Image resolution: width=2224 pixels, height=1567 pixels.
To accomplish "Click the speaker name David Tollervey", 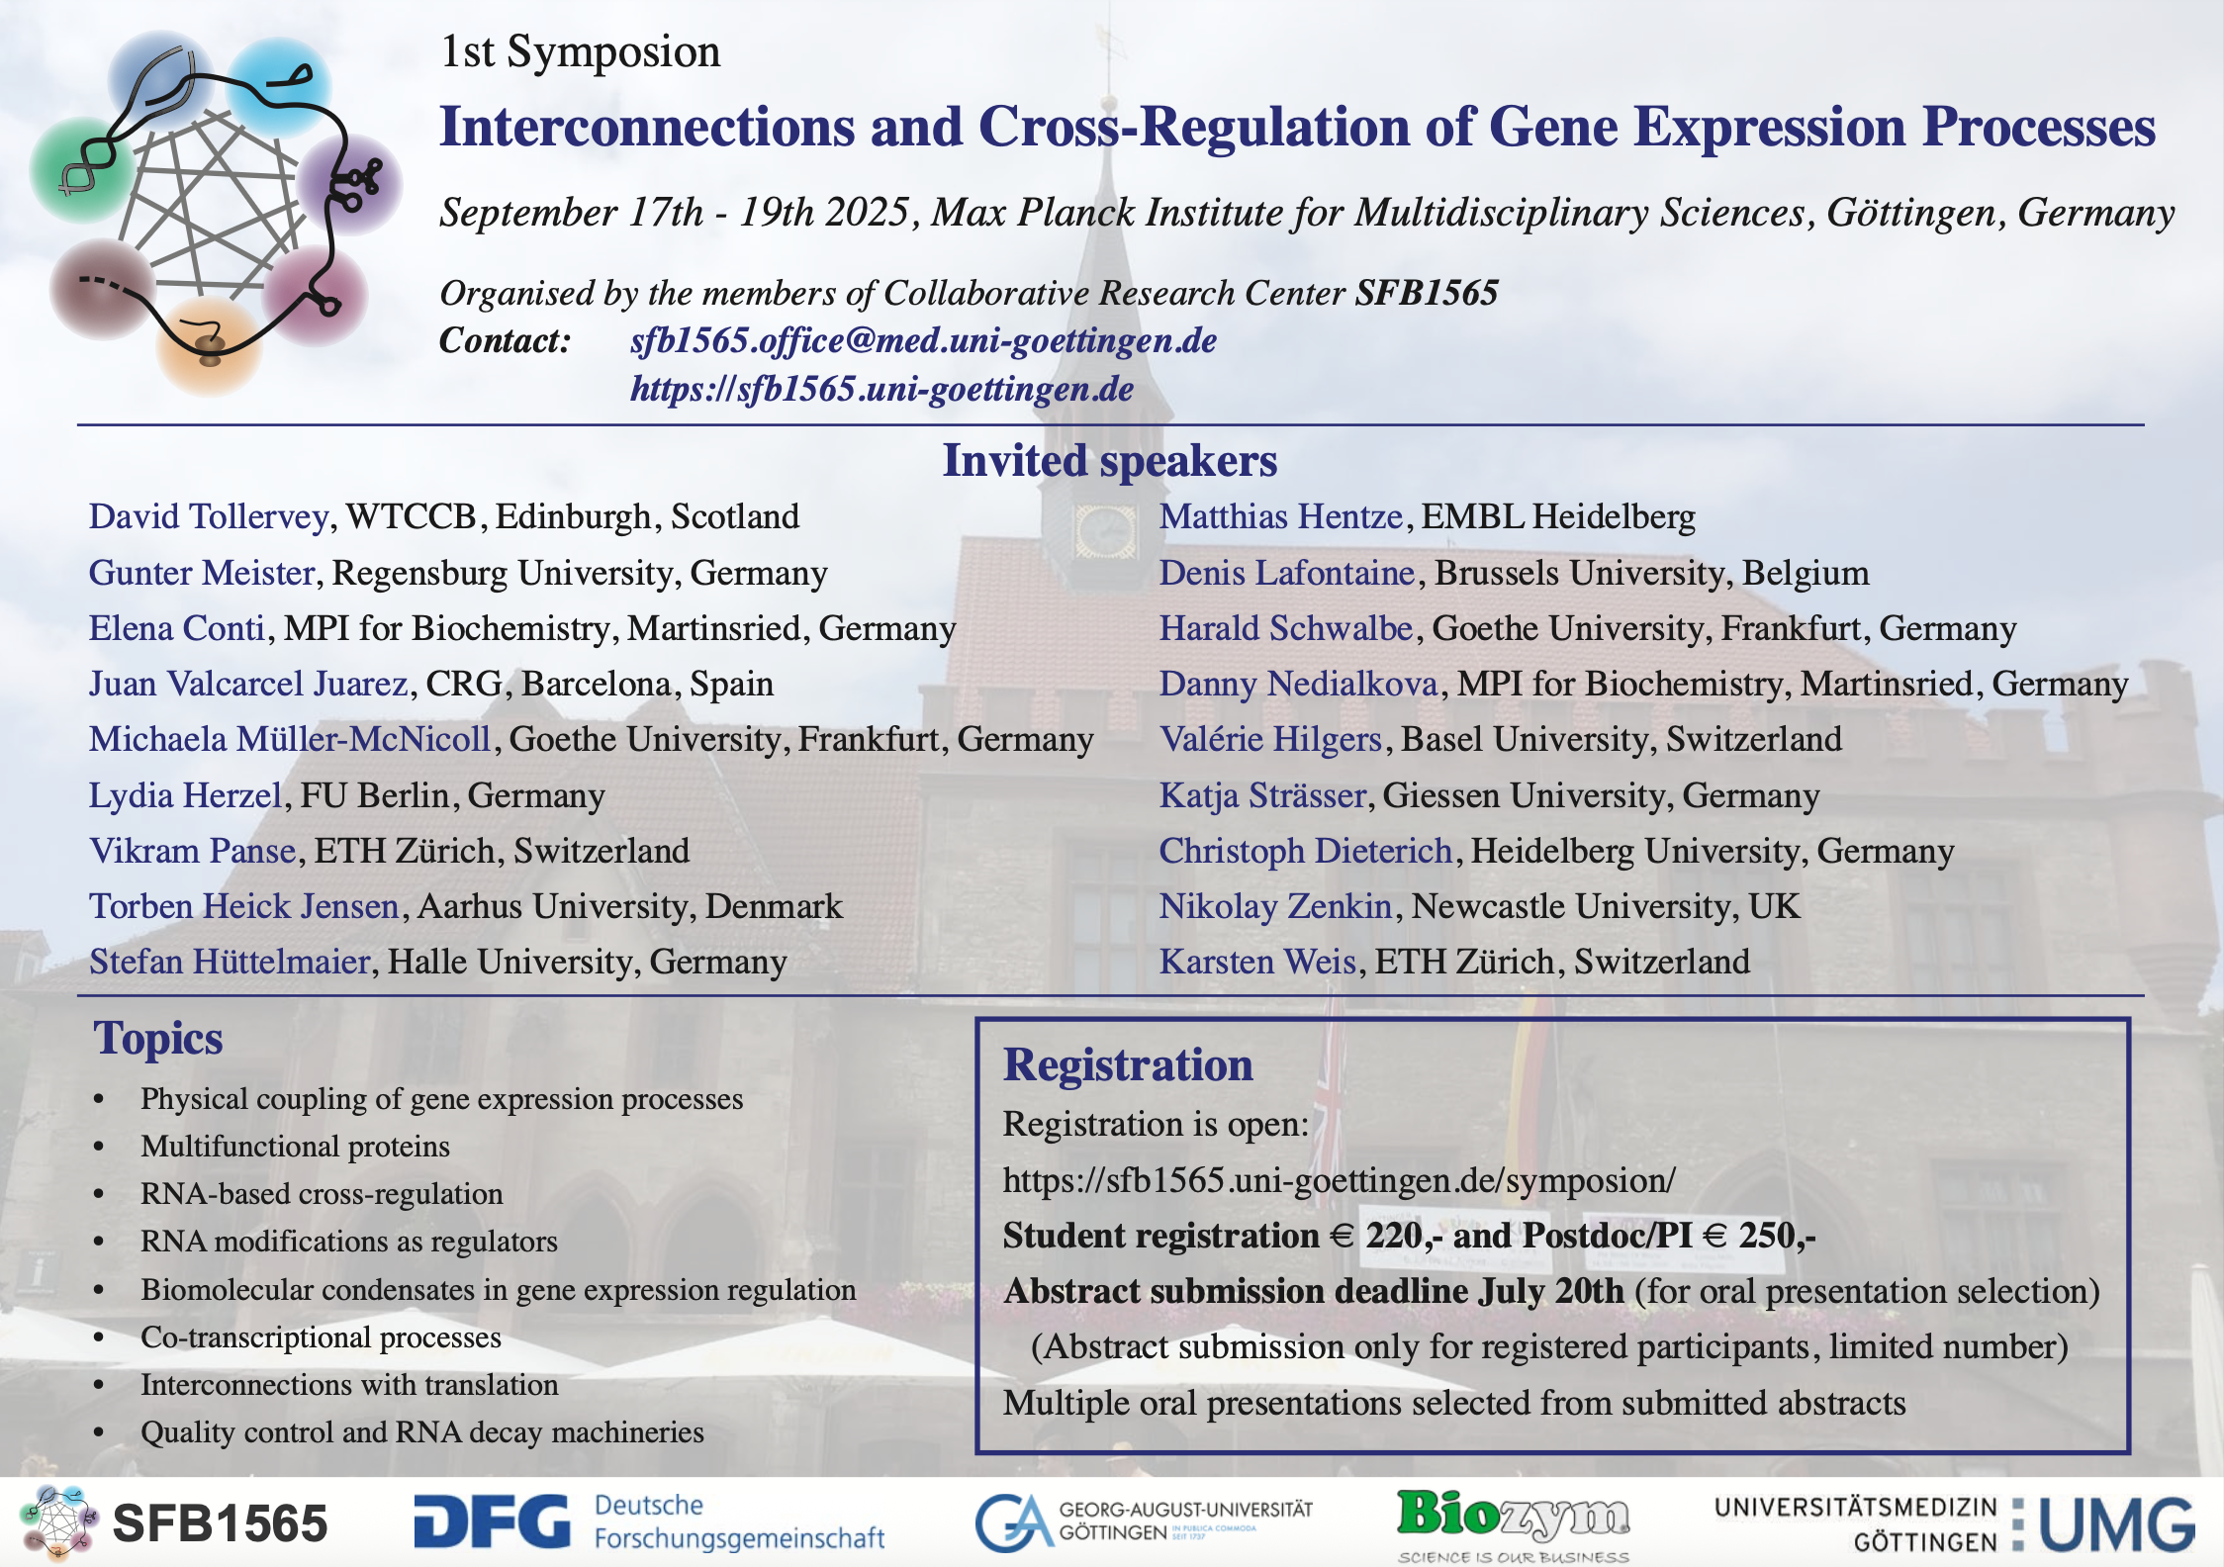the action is [x=209, y=516].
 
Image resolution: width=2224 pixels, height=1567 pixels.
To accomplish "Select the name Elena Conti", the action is [x=177, y=628].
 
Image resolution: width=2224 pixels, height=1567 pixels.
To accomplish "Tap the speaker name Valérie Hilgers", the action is [x=1270, y=739].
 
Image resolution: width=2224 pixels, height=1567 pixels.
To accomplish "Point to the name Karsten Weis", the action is [x=1257, y=962].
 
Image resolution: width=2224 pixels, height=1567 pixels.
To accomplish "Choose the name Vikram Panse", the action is [x=193, y=851].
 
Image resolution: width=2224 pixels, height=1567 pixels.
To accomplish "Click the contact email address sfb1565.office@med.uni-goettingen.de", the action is [x=923, y=340].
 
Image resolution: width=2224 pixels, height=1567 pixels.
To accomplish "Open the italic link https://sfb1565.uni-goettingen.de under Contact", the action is [x=881, y=389].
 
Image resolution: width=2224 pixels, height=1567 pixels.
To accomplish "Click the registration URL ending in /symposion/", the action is [x=1340, y=1180].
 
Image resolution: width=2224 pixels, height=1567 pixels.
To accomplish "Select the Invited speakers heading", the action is [x=1110, y=461].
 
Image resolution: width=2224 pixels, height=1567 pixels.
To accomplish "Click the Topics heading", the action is [x=158, y=1039].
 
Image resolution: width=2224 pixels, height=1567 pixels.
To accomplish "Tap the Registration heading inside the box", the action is [x=1128, y=1064].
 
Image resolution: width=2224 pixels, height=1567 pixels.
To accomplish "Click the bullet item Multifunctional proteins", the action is [x=295, y=1146].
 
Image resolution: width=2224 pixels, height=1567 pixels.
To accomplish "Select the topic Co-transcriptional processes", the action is [x=321, y=1337].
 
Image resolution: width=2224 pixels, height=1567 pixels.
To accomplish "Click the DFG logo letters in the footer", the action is [x=492, y=1521].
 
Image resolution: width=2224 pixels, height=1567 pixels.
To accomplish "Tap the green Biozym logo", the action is [x=1513, y=1518].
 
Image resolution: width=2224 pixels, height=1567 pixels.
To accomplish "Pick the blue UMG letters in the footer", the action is [x=2117, y=1523].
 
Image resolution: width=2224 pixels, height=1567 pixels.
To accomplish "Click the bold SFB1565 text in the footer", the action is [x=220, y=1523].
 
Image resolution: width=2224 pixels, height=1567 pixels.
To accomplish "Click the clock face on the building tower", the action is [x=1106, y=530].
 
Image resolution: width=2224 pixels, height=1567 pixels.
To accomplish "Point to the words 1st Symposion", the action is [x=581, y=51].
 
